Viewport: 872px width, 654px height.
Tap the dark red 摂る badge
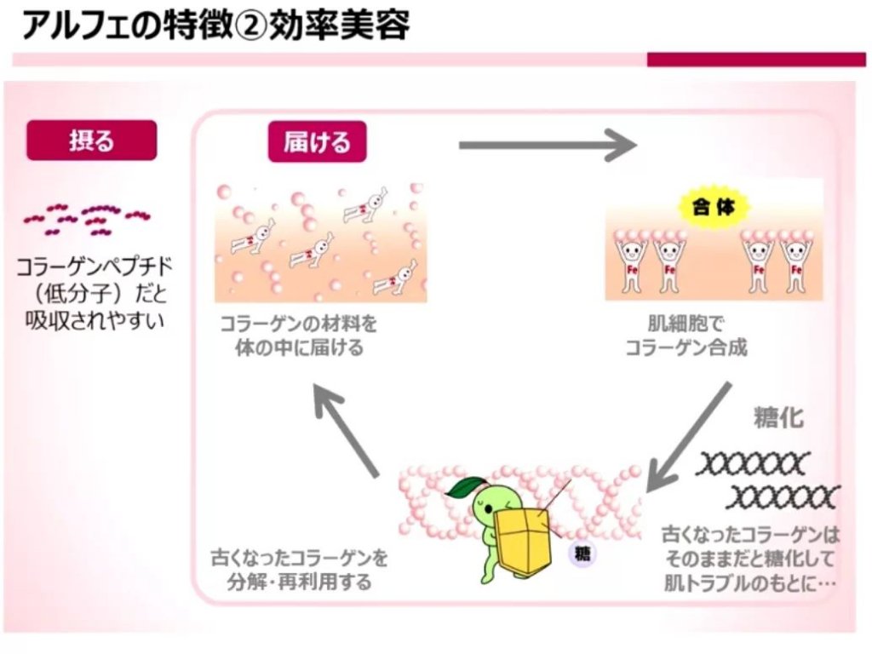click(92, 140)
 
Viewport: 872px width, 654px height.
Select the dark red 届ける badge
click(317, 141)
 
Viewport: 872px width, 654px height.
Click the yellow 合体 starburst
click(713, 207)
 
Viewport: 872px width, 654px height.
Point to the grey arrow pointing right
click(547, 145)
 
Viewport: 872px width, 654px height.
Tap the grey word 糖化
click(778, 417)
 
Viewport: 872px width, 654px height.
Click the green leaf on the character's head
click(467, 487)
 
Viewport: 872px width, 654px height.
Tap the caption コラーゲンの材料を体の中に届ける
click(299, 336)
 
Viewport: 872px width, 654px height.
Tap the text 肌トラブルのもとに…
click(749, 584)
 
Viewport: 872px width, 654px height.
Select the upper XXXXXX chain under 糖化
click(749, 464)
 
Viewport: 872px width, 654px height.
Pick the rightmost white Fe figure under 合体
click(796, 264)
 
